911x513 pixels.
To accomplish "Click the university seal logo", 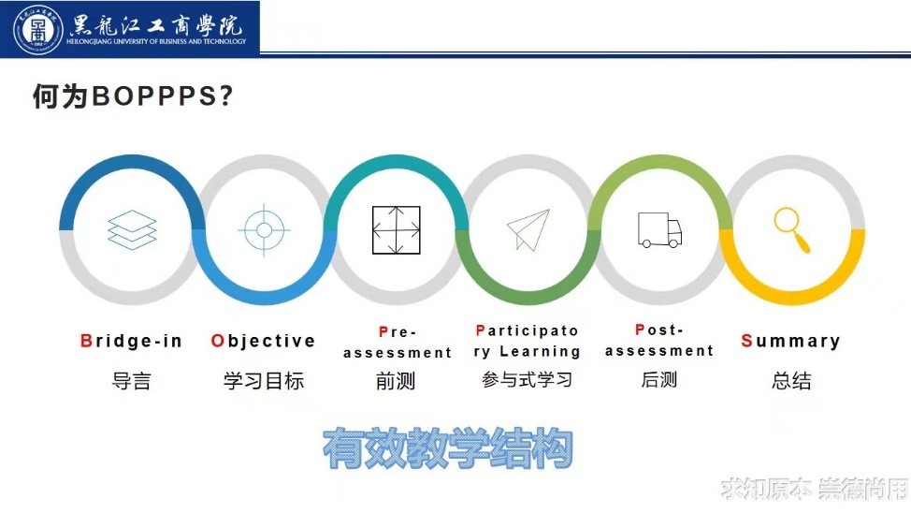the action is point(37,30).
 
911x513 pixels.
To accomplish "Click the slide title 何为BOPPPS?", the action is point(133,96).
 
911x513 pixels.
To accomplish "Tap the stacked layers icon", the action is point(133,229).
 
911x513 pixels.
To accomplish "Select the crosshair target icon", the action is point(264,229).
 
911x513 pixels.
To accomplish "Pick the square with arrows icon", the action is point(397,229).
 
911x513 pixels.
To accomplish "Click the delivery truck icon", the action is point(659,230).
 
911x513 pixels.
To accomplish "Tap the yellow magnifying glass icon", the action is point(792,229).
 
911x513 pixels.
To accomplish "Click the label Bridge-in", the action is point(131,341).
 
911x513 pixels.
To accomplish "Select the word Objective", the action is point(263,341).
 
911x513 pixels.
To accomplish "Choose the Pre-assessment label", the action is point(398,342).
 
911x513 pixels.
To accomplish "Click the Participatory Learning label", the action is point(527,341).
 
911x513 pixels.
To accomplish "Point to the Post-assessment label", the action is point(659,340).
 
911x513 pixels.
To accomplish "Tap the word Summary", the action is point(790,341).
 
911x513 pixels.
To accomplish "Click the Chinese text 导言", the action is point(131,382).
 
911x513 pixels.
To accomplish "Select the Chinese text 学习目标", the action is point(264,381).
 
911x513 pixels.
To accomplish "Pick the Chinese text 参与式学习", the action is point(527,380).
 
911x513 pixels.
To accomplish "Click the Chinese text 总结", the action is point(791,381).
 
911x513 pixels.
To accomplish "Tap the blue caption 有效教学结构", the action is point(448,447).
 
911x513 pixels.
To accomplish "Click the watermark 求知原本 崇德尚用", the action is point(815,490).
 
